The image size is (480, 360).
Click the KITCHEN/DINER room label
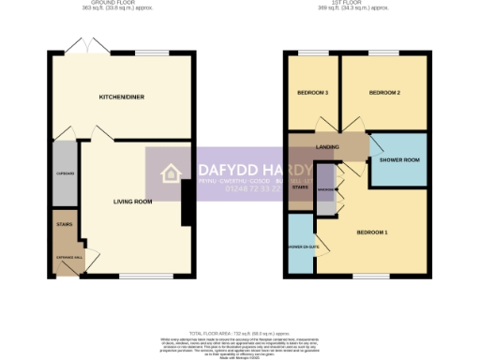[120, 97]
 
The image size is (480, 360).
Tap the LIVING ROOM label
[132, 201]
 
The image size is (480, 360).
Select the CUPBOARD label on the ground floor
[64, 172]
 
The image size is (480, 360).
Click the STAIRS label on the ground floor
[64, 225]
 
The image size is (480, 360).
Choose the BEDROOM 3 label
[312, 93]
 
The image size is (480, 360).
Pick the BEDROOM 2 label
[384, 93]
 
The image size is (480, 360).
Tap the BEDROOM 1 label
[372, 232]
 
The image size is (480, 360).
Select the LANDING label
[328, 147]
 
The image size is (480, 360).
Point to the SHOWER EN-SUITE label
[300, 247]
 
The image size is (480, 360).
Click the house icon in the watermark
[172, 173]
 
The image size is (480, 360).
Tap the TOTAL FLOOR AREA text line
[240, 334]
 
